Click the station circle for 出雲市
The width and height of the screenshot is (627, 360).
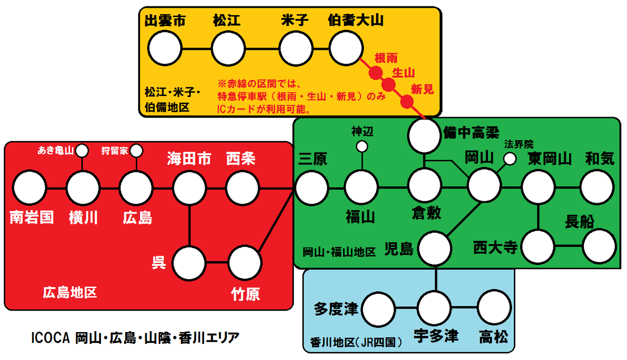165,48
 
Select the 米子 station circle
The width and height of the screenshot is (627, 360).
295,48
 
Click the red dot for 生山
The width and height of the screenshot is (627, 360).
389,85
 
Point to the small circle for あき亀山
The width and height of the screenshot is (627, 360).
82,149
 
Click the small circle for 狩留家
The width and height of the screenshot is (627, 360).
136,149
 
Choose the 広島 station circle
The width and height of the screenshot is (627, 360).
136,188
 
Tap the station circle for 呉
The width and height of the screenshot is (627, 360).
189,262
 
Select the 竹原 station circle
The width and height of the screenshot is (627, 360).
245,262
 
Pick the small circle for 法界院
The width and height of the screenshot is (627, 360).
510,158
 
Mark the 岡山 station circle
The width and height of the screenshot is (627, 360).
484,185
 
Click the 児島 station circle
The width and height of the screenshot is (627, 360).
434,248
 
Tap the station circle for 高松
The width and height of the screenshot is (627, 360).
494,307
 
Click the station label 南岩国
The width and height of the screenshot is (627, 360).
32,217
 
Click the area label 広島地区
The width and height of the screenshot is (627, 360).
70,293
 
